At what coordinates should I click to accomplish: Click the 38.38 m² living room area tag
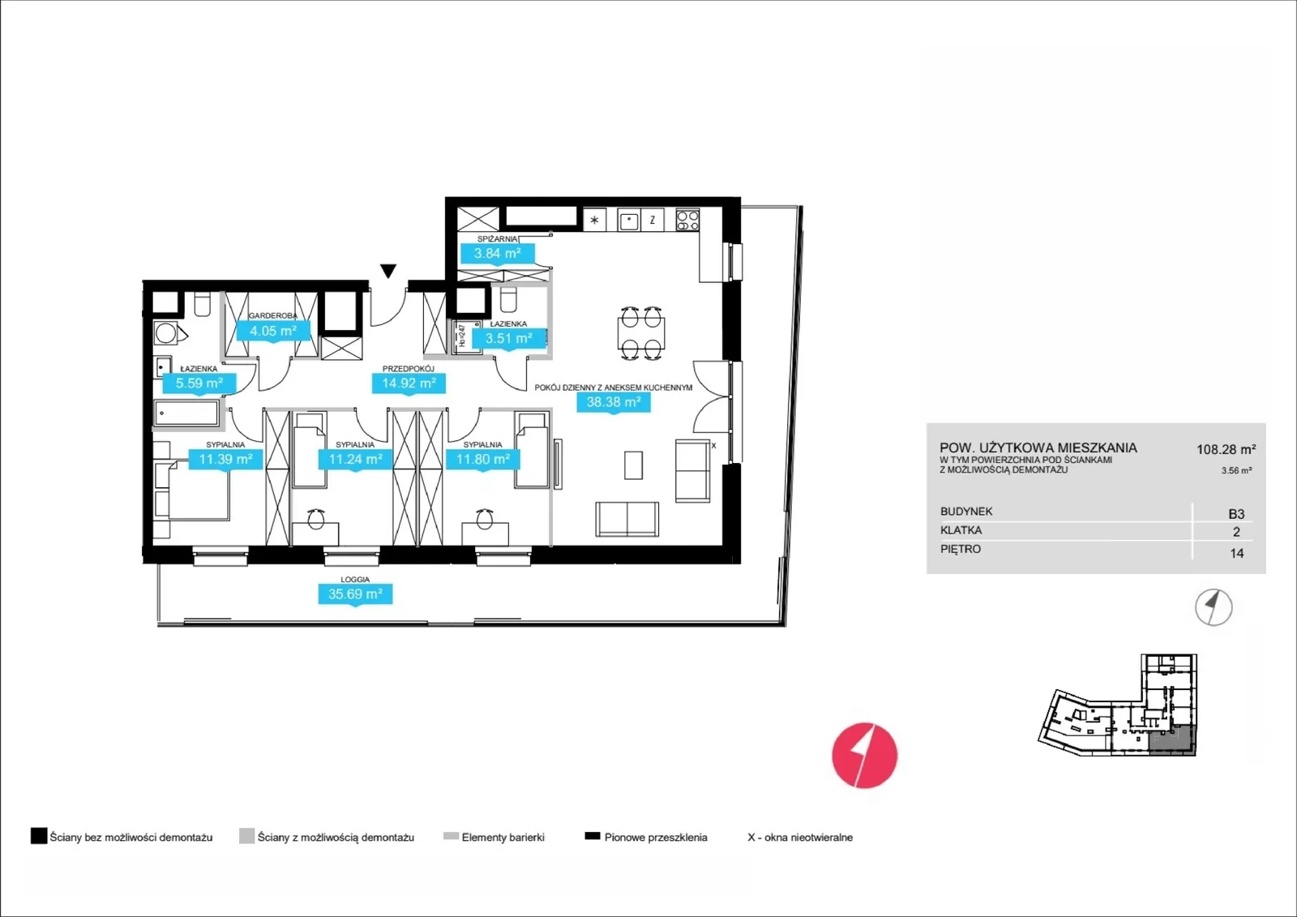(x=614, y=402)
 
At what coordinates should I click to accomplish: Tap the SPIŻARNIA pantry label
(x=498, y=238)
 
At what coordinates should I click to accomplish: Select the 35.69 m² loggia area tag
(x=356, y=593)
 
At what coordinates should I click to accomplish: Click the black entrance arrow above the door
(x=388, y=271)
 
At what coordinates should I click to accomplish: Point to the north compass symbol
(x=1214, y=607)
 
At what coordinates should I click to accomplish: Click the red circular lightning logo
(x=864, y=756)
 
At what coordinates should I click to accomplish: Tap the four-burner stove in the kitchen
(x=688, y=220)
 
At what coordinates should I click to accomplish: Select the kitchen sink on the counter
(x=629, y=220)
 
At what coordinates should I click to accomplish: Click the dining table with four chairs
(x=641, y=334)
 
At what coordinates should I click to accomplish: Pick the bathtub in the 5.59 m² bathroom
(x=186, y=414)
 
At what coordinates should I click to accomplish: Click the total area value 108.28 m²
(x=1226, y=449)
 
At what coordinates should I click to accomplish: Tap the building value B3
(x=1236, y=514)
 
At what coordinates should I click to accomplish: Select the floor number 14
(x=1237, y=553)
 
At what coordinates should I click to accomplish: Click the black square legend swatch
(x=39, y=836)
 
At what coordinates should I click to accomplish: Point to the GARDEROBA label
(x=272, y=315)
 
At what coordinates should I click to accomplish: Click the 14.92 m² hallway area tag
(x=409, y=384)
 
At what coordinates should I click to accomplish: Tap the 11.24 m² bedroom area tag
(x=356, y=460)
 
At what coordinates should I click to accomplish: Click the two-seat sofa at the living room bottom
(x=627, y=519)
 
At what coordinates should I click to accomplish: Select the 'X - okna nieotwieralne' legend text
(x=800, y=837)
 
